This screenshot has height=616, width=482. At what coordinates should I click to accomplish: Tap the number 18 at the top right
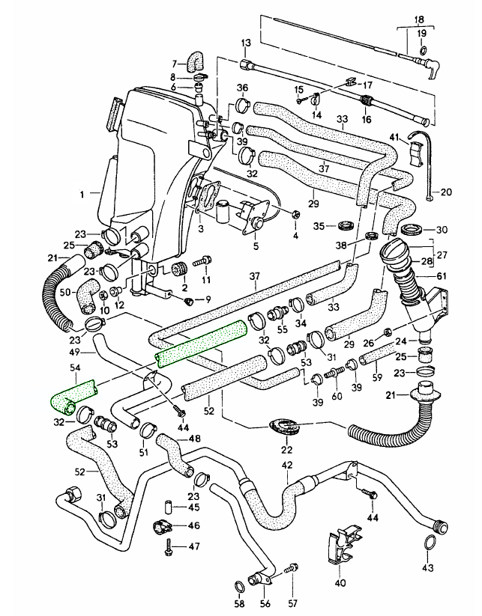(419, 21)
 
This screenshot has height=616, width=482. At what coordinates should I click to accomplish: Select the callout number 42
(287, 466)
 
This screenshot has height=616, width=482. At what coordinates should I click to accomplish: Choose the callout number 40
(341, 582)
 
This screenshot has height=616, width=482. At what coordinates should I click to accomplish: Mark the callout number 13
(244, 43)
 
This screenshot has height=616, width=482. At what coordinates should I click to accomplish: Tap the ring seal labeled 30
(412, 228)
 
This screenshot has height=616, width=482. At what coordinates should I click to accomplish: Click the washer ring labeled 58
(239, 585)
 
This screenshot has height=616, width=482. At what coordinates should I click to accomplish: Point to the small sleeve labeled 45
(169, 506)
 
